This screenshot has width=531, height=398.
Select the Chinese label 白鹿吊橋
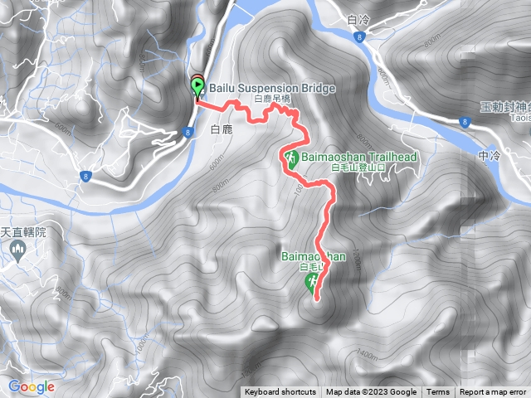coord(273,99)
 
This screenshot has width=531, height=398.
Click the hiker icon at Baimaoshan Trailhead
coord(291,158)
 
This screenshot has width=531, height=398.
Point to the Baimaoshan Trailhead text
coord(358,157)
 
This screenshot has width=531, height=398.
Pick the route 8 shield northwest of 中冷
coord(461,123)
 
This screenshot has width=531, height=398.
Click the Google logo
coord(32,386)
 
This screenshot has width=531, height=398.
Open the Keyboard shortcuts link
coord(280,392)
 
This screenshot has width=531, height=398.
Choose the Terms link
coord(438,392)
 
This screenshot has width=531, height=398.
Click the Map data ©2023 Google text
coord(371,392)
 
